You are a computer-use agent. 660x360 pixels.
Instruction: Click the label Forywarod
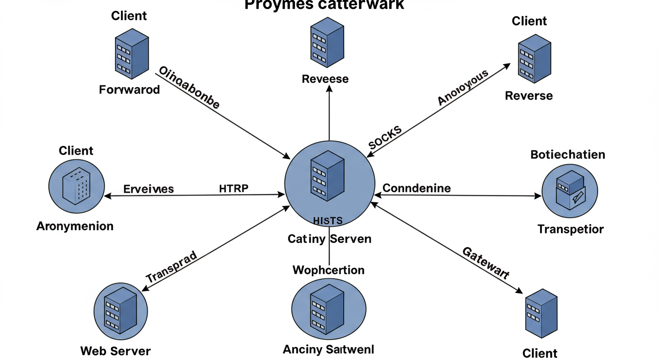coord(129,89)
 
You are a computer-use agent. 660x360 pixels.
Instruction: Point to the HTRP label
coord(234,188)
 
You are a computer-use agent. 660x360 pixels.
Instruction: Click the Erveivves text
coord(149,189)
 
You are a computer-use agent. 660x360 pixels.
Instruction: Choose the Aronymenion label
coord(75,226)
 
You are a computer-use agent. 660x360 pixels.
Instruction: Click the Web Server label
coord(115,351)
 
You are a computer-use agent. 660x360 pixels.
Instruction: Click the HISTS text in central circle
coord(328,221)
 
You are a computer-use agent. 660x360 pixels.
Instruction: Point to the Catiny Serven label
coord(330,239)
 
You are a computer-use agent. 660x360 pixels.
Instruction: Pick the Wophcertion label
coord(329,270)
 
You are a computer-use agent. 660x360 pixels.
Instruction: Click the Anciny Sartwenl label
coord(329,349)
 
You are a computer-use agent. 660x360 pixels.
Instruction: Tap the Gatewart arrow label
coord(486,263)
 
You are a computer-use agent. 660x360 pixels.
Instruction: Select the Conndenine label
coord(417,188)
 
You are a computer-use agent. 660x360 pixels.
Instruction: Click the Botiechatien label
coord(568,154)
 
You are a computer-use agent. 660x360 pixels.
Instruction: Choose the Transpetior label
coord(570,229)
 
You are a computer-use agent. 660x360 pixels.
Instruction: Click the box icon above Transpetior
coord(569,190)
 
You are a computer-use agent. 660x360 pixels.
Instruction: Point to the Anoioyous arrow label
coord(463,87)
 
